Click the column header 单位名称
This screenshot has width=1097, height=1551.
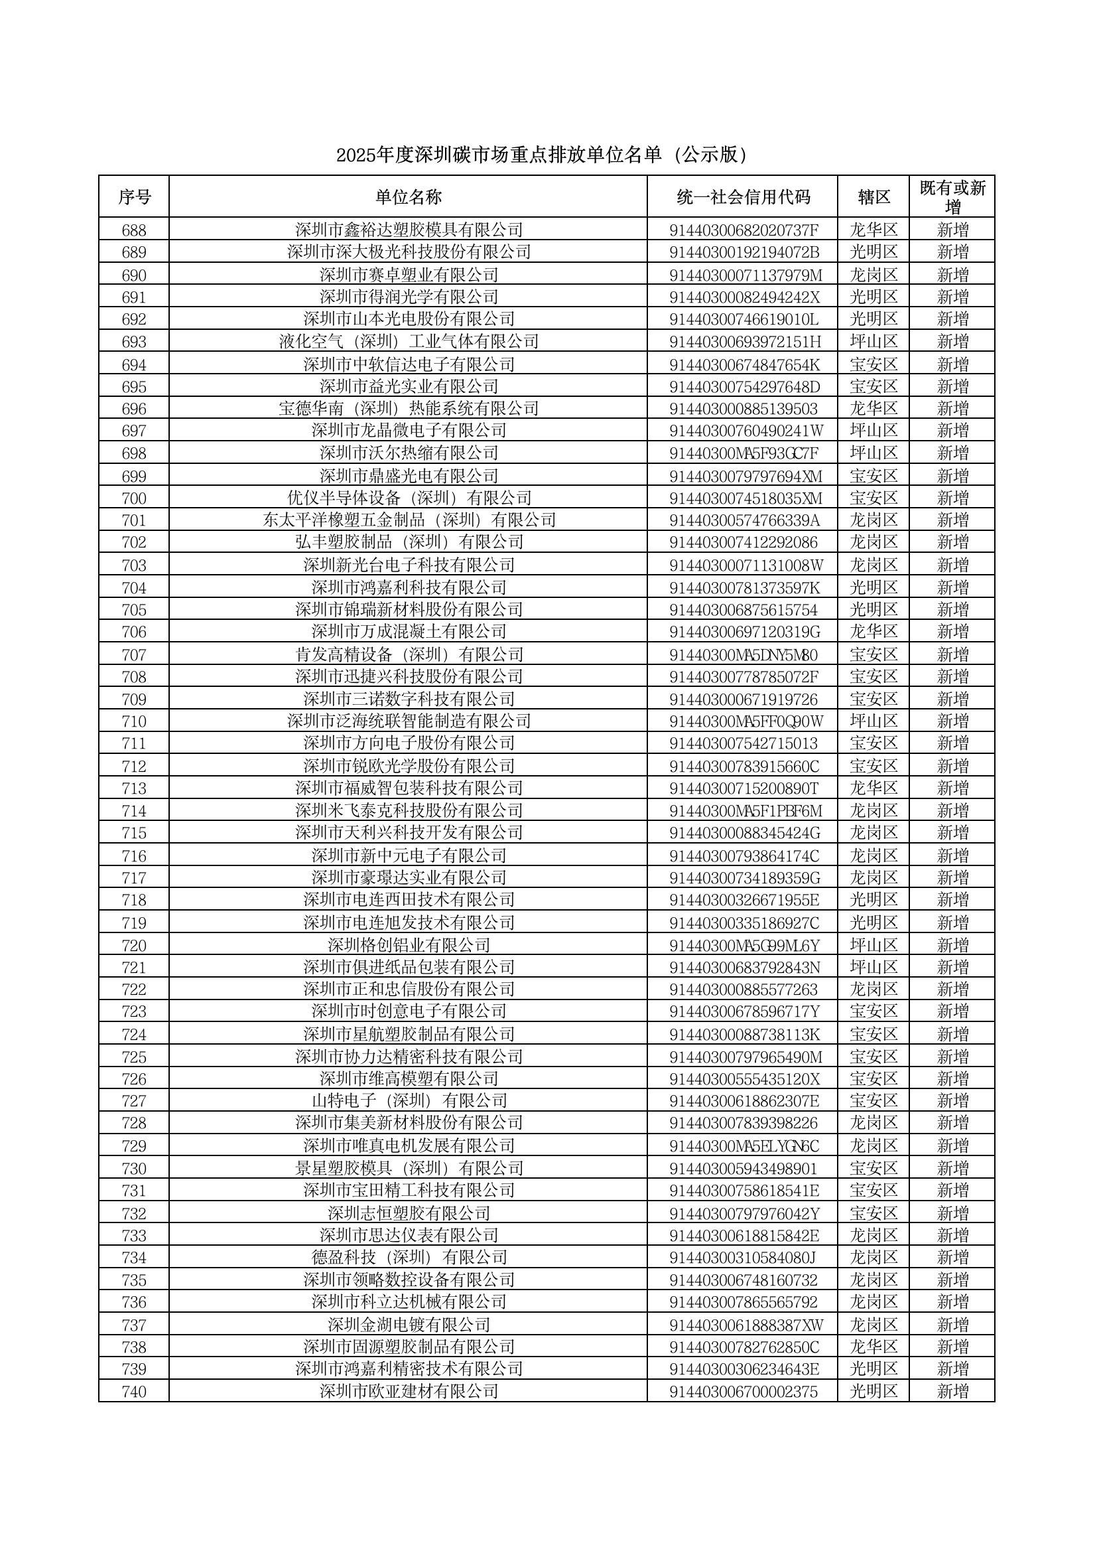[408, 196]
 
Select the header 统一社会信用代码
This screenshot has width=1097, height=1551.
[743, 196]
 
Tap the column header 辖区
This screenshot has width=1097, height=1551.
[873, 196]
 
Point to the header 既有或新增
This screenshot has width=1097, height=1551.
[952, 196]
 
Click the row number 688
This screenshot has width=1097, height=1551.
[134, 230]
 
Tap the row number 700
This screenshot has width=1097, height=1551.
[134, 498]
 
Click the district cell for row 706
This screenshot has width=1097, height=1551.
[873, 632]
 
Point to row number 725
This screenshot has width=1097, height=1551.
[134, 1057]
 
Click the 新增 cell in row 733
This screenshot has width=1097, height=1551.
[952, 1235]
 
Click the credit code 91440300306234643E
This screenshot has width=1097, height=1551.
[743, 1369]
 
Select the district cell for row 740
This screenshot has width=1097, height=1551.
[873, 1392]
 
